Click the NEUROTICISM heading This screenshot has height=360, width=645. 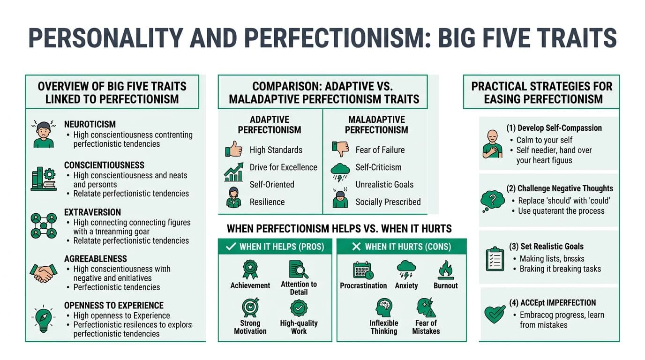pyautogui.click(x=90, y=124)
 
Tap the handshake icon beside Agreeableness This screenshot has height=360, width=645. pyautogui.click(x=44, y=272)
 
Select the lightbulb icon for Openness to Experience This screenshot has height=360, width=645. pyautogui.click(x=44, y=318)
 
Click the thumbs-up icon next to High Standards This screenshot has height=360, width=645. pyautogui.click(x=233, y=150)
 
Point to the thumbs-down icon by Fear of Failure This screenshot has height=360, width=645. pyautogui.click(x=340, y=149)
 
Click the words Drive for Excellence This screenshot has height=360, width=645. pyautogui.click(x=283, y=167)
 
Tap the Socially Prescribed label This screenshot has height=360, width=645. pyautogui.click(x=388, y=202)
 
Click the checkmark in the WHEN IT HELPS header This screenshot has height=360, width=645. pyautogui.click(x=231, y=247)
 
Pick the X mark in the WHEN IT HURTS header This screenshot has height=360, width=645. pyautogui.click(x=356, y=247)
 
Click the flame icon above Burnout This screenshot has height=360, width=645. pyautogui.click(x=445, y=270)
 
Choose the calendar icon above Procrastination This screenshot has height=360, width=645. pyautogui.click(x=363, y=270)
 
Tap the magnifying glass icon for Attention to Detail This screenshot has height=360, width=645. pyautogui.click(x=299, y=270)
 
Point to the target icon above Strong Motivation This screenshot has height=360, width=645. pyautogui.click(x=250, y=308)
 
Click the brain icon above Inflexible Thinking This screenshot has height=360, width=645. pyautogui.click(x=383, y=308)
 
